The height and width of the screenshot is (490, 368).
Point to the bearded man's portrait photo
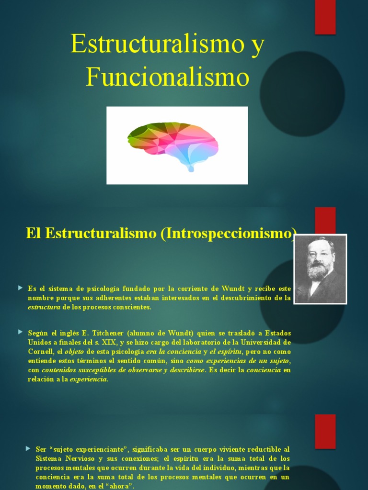click(320, 268)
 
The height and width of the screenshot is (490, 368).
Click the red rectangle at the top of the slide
click(325, 17)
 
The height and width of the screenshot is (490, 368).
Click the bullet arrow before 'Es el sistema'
click(20, 288)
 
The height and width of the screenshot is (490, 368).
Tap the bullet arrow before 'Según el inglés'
click(20, 332)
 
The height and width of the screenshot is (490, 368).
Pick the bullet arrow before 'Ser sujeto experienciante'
click(28, 448)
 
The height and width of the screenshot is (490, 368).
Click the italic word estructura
click(44, 307)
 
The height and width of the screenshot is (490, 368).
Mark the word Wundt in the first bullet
click(233, 289)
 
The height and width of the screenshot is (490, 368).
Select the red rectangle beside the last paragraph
click(325, 431)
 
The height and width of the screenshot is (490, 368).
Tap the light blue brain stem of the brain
click(191, 167)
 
